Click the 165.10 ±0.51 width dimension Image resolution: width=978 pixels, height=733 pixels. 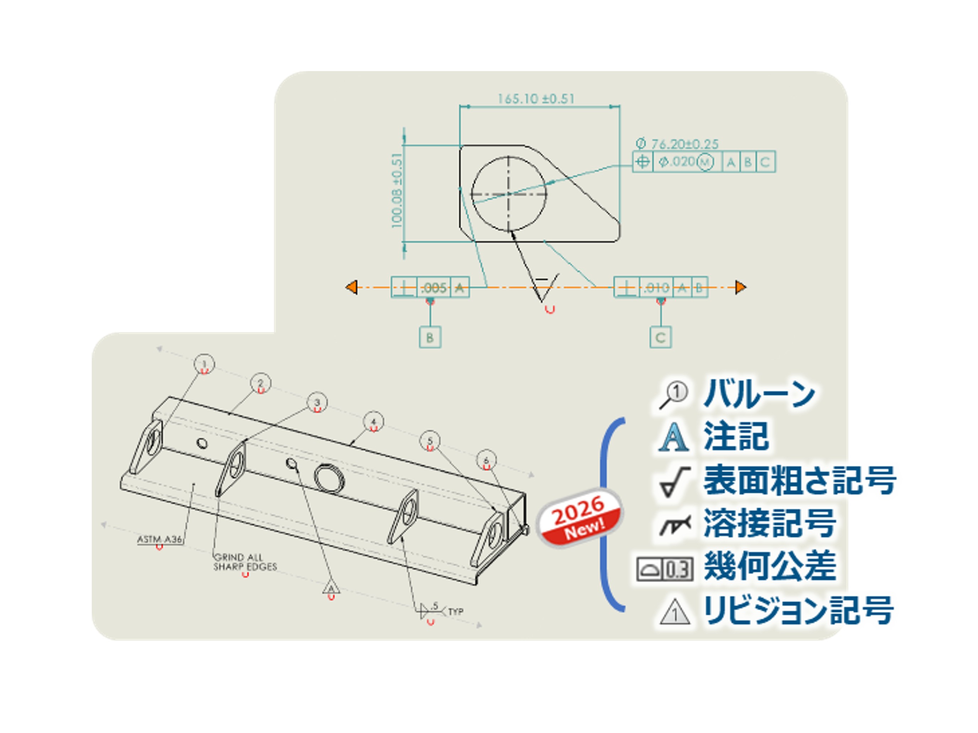pyautogui.click(x=536, y=98)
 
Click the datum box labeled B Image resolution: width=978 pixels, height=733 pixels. pyautogui.click(x=430, y=338)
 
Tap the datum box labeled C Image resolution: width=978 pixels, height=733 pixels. pyautogui.click(x=660, y=338)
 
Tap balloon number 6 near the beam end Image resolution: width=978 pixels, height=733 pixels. pyautogui.click(x=487, y=460)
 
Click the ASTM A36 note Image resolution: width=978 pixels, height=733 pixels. pyautogui.click(x=160, y=539)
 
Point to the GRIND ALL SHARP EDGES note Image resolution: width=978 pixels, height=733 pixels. pyautogui.click(x=245, y=562)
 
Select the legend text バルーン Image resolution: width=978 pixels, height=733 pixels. pyautogui.click(x=759, y=393)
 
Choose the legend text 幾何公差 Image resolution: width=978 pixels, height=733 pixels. pyautogui.click(x=770, y=566)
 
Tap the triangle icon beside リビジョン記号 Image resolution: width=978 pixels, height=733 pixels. pyautogui.click(x=675, y=611)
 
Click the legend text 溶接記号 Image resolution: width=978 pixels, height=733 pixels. pyautogui.click(x=770, y=523)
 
